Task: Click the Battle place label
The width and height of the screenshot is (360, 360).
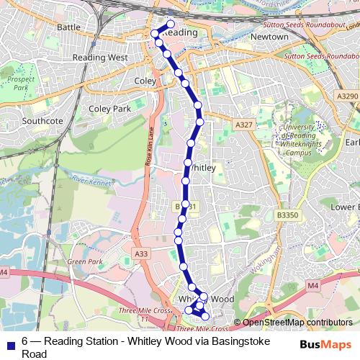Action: [68, 27]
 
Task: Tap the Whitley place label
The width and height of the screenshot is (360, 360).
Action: [204, 167]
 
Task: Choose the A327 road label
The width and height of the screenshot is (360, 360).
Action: [243, 125]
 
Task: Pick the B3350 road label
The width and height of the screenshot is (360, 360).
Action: [287, 215]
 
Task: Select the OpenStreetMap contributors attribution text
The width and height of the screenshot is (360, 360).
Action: [297, 322]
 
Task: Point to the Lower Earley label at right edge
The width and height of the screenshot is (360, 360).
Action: [344, 207]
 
